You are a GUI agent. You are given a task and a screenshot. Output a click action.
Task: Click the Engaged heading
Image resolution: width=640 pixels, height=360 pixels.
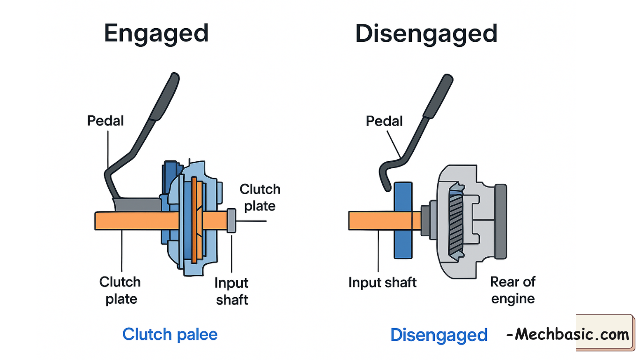click(156, 34)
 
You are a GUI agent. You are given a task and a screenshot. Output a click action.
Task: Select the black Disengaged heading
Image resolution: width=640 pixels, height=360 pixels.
click(426, 34)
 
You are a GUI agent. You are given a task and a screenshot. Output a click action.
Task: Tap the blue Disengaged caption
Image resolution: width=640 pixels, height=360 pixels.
click(439, 335)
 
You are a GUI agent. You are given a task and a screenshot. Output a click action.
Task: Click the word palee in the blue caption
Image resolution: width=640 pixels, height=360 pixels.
click(197, 335)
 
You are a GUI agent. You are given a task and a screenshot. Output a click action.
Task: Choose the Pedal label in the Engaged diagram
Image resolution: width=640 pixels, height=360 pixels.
click(105, 121)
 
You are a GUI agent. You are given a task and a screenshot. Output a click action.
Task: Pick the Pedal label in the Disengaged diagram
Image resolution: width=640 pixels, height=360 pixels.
click(384, 121)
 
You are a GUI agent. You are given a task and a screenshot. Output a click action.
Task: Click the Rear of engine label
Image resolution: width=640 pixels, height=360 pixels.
click(513, 290)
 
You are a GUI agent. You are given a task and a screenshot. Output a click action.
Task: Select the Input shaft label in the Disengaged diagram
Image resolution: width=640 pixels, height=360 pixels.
click(382, 283)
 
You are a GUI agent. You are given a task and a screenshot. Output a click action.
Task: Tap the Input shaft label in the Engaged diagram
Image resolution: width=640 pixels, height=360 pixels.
click(231, 291)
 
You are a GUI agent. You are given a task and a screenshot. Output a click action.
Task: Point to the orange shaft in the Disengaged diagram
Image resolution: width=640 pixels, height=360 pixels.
click(375, 220)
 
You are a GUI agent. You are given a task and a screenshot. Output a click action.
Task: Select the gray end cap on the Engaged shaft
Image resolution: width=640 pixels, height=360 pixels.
click(231, 220)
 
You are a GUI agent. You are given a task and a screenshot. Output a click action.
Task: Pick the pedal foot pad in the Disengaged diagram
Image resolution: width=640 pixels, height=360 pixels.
click(439, 96)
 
